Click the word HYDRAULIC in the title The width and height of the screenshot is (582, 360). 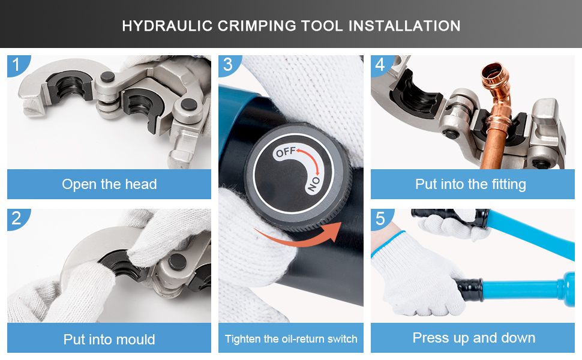click(x=167, y=26)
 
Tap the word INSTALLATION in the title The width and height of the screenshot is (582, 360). click(x=404, y=26)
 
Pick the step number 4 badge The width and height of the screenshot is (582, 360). click(x=381, y=65)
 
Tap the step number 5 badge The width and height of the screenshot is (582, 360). click(x=381, y=218)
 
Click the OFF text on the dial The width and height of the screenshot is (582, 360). click(x=286, y=152)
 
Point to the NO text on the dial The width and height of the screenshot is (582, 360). click(x=314, y=184)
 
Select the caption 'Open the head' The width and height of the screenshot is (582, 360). click(x=109, y=184)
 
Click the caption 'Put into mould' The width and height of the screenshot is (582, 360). click(x=109, y=339)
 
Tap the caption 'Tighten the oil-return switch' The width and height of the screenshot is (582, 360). click(x=291, y=339)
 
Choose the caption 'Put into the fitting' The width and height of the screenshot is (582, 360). click(x=470, y=184)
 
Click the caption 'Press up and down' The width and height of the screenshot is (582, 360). click(x=474, y=338)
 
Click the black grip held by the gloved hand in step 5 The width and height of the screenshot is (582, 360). click(x=470, y=289)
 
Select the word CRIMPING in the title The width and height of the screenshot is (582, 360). click(x=256, y=26)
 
